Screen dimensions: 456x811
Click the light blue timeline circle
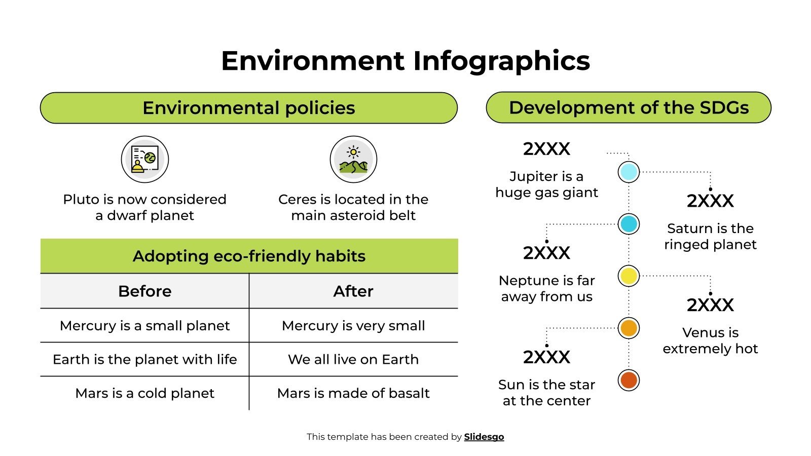tap(629, 172)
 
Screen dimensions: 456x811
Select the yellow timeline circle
tap(629, 276)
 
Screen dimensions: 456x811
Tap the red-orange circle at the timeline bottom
tap(629, 380)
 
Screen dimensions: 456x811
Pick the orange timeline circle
tap(629, 328)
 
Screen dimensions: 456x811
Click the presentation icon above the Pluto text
tap(145, 159)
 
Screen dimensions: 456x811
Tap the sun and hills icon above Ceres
tap(353, 159)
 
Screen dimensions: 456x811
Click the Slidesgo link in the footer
tap(484, 437)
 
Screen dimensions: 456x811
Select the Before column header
tap(145, 291)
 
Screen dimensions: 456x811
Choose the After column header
tap(353, 291)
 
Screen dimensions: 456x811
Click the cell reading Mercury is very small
tap(353, 325)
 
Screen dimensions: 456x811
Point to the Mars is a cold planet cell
tap(145, 393)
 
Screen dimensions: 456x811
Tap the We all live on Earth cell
tap(353, 359)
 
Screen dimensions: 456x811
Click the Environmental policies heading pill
tap(249, 108)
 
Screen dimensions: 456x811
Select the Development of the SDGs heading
tap(629, 107)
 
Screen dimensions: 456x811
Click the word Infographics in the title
tap(501, 61)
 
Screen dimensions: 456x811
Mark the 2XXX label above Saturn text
tap(710, 201)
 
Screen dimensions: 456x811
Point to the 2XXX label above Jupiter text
tap(546, 149)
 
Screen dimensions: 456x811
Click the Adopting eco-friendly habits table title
tap(249, 256)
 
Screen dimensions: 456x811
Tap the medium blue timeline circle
tap(629, 224)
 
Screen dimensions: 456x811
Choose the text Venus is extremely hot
tap(710, 340)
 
